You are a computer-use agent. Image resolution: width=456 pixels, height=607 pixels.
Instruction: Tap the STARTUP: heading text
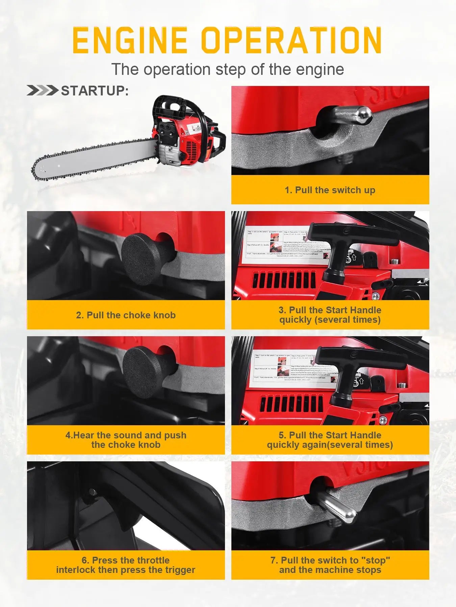pos(95,91)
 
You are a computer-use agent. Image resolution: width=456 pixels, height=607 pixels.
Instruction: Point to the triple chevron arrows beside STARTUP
pos(42,91)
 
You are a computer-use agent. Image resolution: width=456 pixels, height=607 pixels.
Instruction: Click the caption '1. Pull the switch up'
pos(330,190)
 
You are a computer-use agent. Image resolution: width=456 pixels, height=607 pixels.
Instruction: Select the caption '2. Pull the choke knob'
pos(126,315)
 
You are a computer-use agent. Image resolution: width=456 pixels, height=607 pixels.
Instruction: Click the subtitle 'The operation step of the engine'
pos(228,69)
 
